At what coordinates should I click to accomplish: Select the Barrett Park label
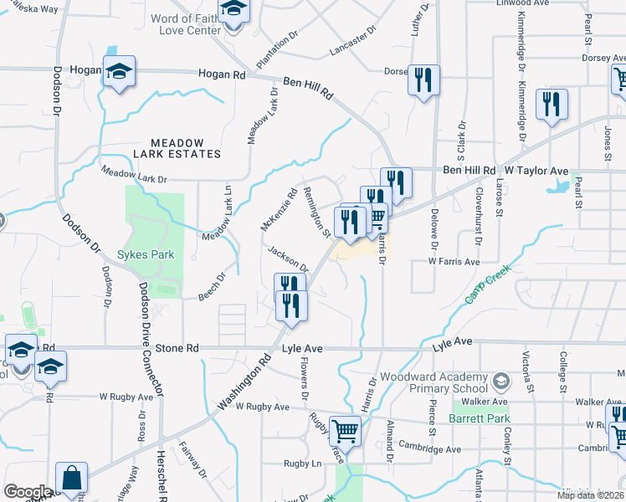[x=478, y=417]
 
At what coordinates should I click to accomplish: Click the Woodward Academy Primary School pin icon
[x=500, y=382]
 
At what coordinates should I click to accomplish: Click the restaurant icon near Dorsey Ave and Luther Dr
[x=423, y=80]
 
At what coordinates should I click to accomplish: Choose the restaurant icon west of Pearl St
[x=552, y=104]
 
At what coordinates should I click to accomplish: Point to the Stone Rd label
[x=177, y=347]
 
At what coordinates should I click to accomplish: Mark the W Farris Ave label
[x=454, y=262]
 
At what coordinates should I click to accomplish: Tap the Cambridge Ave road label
[x=429, y=448]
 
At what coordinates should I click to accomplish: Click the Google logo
[x=28, y=491]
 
